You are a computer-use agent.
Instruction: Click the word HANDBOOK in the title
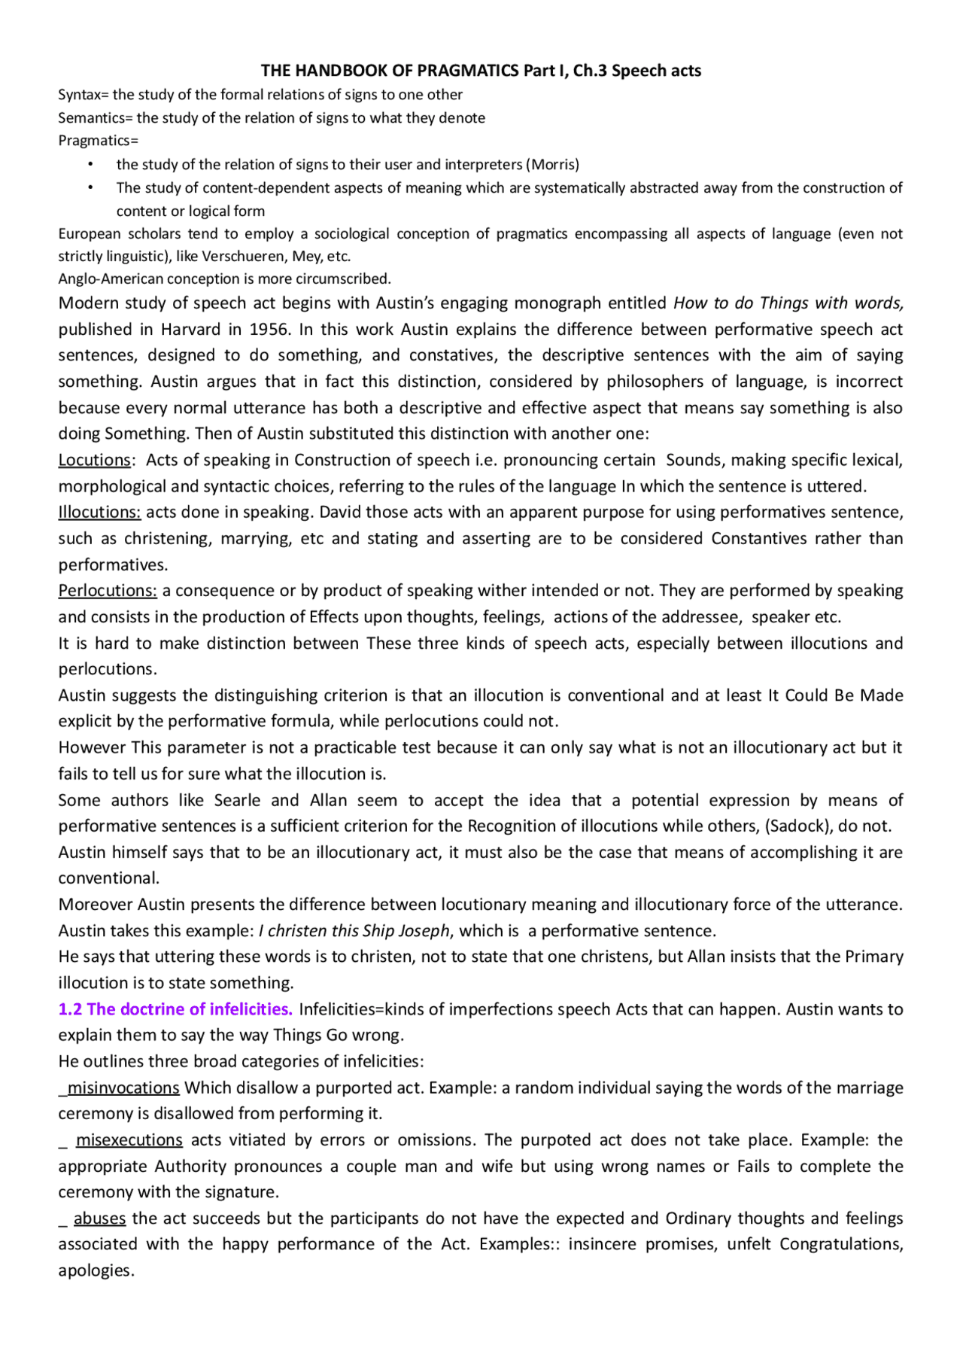click(x=342, y=71)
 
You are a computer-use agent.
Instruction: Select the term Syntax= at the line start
click(x=84, y=95)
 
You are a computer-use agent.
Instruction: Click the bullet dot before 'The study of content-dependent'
click(x=90, y=187)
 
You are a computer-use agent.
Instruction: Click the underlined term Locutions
click(x=95, y=460)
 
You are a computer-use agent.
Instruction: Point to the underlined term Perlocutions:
click(x=108, y=591)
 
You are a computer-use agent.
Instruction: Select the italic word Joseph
click(x=424, y=931)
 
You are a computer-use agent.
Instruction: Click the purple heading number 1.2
click(x=70, y=1009)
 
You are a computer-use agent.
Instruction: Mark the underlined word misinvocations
click(x=123, y=1088)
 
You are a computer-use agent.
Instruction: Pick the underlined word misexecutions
click(x=129, y=1140)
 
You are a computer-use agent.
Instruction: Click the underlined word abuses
click(x=99, y=1218)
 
